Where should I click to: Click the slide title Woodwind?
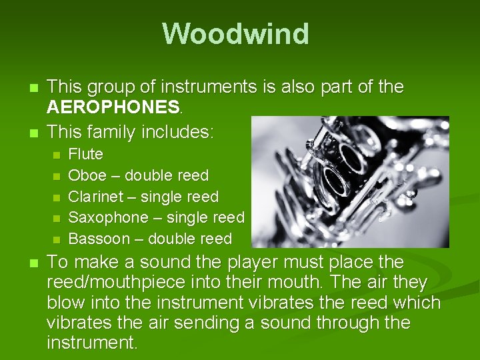click(235, 34)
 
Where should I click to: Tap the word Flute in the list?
click(86, 155)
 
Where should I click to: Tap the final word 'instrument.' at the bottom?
click(92, 344)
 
